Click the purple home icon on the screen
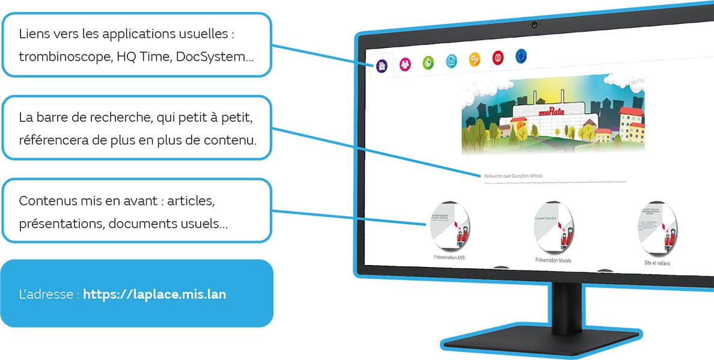pos(382,65)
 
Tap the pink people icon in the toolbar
pos(405,63)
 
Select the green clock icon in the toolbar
pos(428,62)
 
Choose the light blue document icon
pos(451,61)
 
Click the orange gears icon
pos(475,59)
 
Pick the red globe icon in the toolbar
pos(498,58)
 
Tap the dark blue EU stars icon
pos(521,56)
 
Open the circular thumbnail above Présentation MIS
pos(450,226)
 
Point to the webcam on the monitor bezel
pos(534,25)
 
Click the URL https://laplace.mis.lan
pos(154,294)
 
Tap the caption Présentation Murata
pos(553,260)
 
